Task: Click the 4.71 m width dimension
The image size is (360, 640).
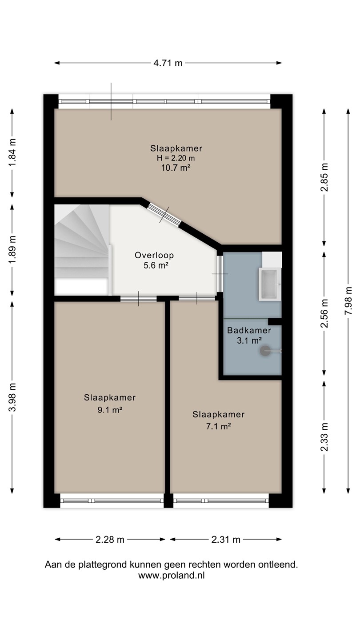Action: point(168,63)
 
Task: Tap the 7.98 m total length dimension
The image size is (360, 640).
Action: point(348,301)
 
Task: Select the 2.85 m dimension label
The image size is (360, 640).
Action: point(324,177)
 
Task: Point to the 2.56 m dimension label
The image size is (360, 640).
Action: point(324,313)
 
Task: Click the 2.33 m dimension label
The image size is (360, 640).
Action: point(324,437)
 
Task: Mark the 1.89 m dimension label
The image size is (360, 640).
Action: point(12,250)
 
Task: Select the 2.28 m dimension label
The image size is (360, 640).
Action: point(110,540)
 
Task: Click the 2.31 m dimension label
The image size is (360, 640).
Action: point(226,540)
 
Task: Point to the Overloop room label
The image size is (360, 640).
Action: point(154,255)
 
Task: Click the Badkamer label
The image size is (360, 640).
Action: point(249,331)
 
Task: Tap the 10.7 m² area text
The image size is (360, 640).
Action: point(176,168)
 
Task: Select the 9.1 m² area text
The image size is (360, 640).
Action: point(110,410)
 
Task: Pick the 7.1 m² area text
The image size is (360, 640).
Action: point(219,426)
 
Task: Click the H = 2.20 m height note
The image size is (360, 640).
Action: point(176,158)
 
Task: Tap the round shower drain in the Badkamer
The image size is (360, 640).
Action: point(265,351)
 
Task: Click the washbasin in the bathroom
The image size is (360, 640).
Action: point(270,284)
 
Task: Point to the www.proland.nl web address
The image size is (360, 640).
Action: point(172,575)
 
